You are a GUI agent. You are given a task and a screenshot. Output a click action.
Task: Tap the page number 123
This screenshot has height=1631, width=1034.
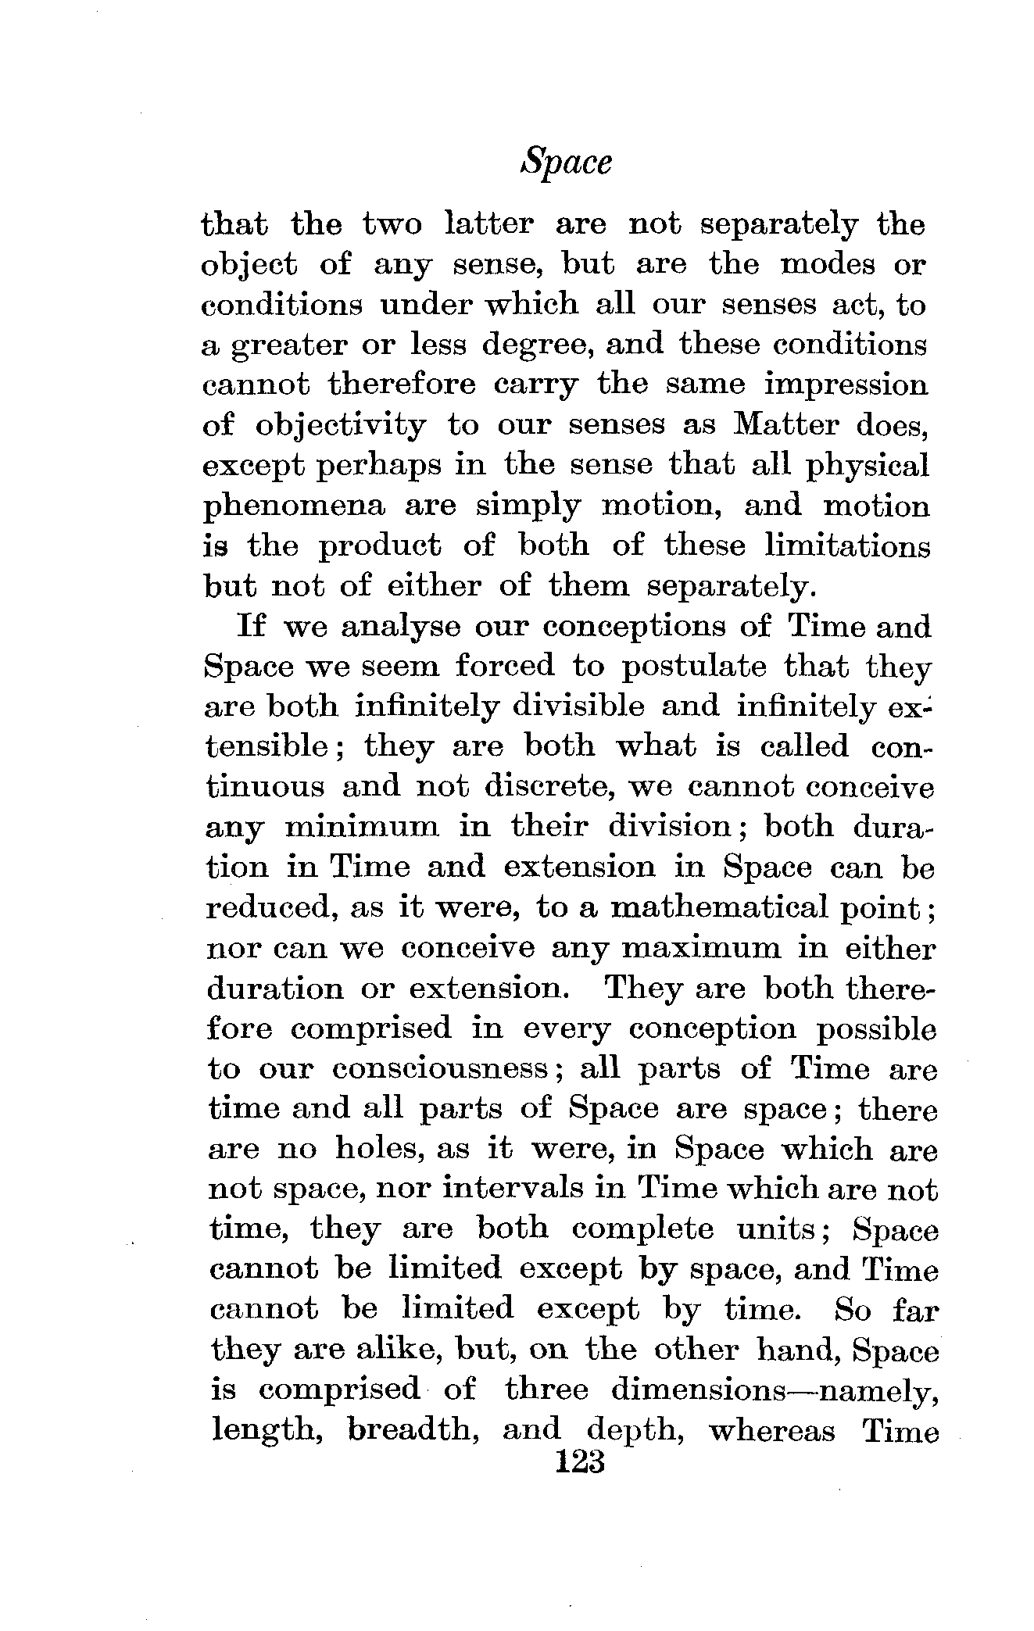(x=579, y=1461)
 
